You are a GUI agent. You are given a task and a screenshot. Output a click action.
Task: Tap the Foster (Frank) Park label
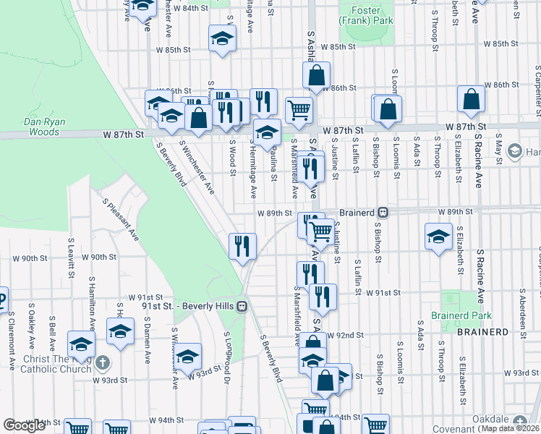[x=371, y=15]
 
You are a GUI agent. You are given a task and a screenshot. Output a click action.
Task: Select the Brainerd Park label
[x=461, y=315]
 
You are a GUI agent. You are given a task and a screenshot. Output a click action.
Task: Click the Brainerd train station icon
[x=385, y=213]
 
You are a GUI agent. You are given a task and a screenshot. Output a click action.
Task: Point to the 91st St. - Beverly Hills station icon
[x=242, y=306]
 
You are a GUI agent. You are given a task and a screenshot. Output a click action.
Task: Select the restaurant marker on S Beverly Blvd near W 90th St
[x=242, y=246]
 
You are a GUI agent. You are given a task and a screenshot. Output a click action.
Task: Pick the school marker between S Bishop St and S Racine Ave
[x=438, y=238]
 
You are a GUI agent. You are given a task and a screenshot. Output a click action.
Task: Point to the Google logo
[x=24, y=426]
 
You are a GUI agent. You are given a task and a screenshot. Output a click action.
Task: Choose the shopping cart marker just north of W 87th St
[x=299, y=111]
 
